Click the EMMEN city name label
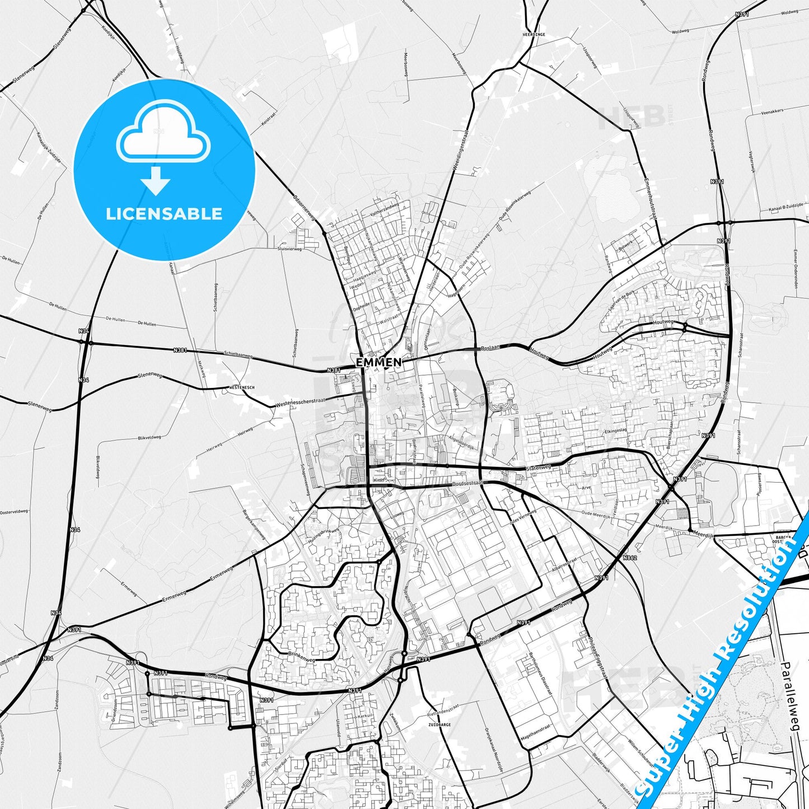[379, 362]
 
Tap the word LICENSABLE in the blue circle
[164, 213]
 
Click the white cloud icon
[163, 133]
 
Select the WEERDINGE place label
[534, 34]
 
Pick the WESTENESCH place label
[242, 387]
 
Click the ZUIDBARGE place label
[439, 724]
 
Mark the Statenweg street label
[539, 467]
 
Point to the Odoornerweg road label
[305, 208]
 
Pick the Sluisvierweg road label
[289, 249]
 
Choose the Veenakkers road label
[772, 111]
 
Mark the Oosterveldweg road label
[14, 512]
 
